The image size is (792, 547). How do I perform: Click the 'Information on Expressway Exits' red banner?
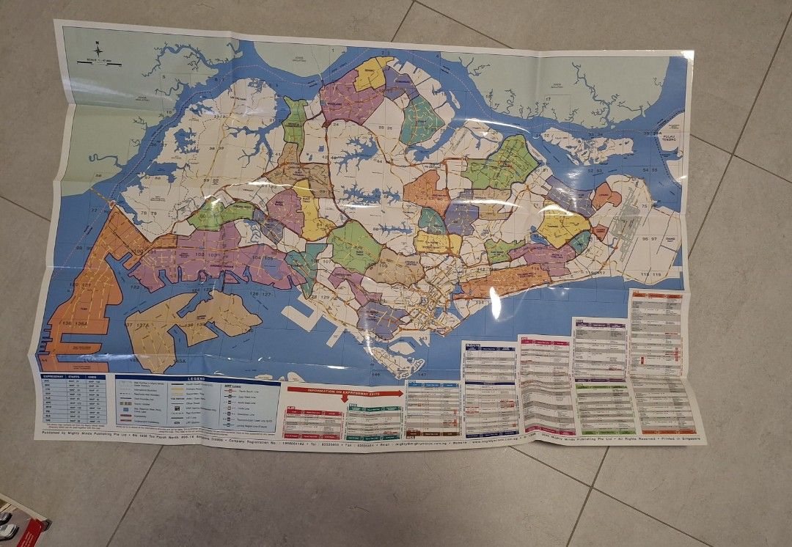[344, 392]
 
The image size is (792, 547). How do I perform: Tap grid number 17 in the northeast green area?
[548, 98]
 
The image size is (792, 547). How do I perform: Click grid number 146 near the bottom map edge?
[375, 374]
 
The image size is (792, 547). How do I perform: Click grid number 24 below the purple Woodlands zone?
[335, 124]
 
